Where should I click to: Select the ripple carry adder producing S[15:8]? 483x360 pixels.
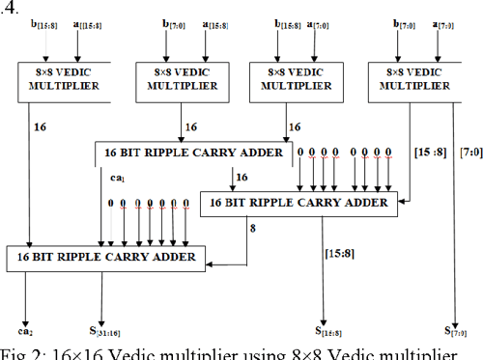point(298,204)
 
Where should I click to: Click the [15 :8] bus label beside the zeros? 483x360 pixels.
point(430,153)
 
